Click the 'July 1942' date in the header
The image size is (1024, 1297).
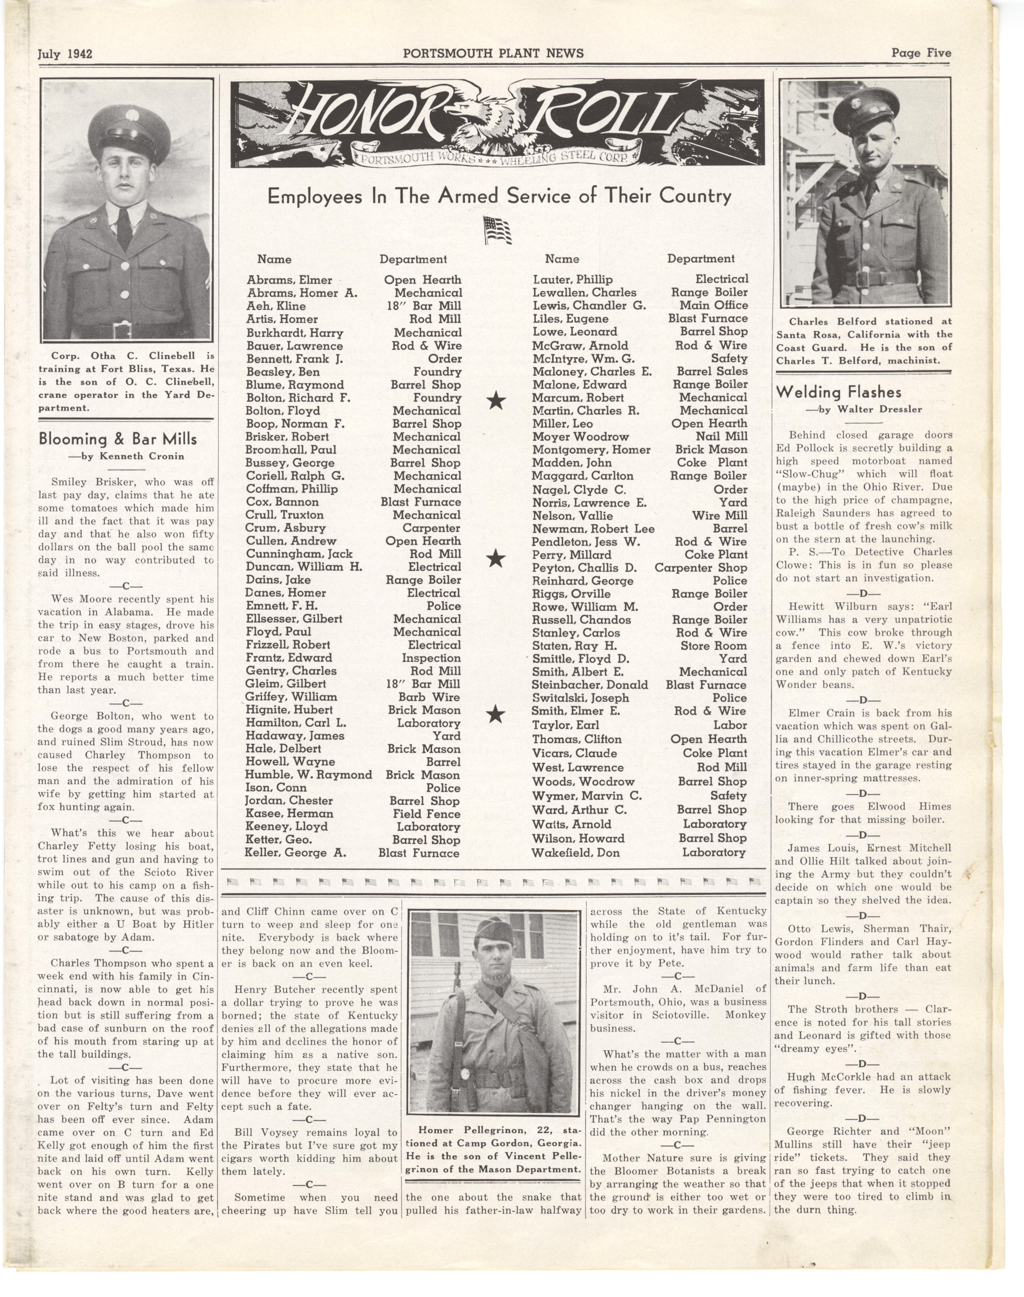tap(65, 53)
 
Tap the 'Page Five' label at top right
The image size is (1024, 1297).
tap(921, 53)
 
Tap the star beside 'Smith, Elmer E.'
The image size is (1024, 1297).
tap(495, 714)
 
